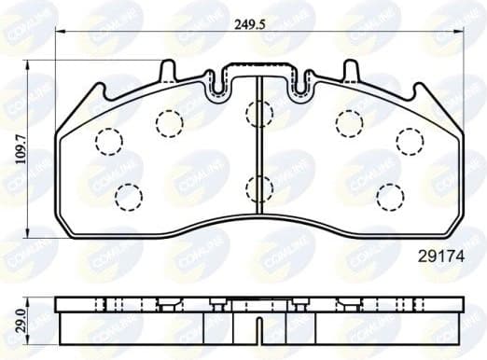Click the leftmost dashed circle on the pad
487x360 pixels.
[110, 141]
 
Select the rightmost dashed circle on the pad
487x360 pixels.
[409, 140]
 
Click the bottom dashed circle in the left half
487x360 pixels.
[128, 195]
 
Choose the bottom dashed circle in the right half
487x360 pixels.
[389, 195]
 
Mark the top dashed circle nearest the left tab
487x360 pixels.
[169, 121]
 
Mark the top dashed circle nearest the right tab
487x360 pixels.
[349, 121]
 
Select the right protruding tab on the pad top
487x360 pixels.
[350, 71]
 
